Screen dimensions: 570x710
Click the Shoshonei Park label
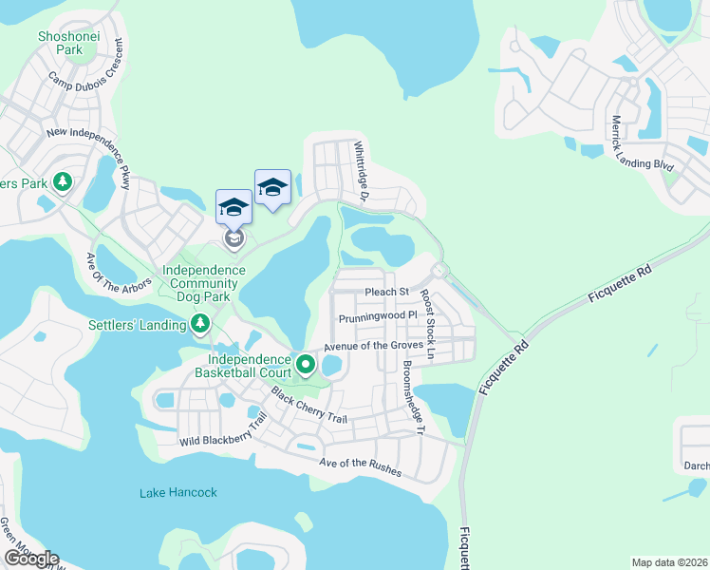pos(61,43)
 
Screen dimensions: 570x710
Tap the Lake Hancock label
pos(178,492)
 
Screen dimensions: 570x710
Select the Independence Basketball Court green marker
pos(305,364)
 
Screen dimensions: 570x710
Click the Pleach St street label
pos(386,292)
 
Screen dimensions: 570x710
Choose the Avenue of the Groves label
pos(373,346)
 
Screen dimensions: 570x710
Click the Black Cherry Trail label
pos(308,406)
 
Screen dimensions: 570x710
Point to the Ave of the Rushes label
pos(360,466)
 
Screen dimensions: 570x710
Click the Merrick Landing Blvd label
pos(643,142)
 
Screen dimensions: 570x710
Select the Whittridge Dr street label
pos(360,173)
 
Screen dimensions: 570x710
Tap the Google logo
pos(30,559)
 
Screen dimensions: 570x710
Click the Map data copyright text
pos(668,562)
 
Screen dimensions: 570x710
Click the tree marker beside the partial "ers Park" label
pos(63,180)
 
